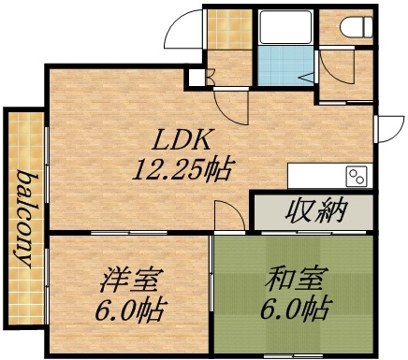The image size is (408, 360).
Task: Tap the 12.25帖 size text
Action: click(x=183, y=170)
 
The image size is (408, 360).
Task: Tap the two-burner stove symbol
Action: click(x=357, y=175)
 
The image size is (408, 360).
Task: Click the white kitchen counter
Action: click(x=318, y=175)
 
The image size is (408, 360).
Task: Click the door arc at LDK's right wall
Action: click(x=386, y=123)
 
